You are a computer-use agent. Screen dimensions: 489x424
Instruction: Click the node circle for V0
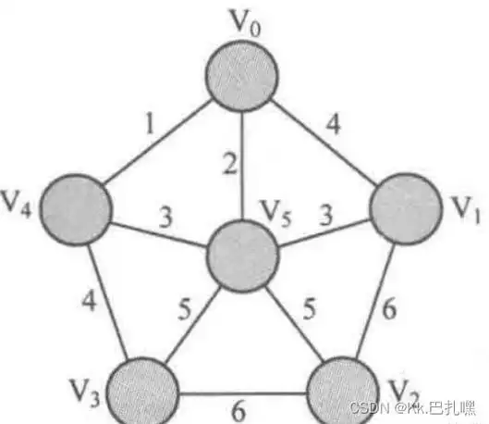pos(242,76)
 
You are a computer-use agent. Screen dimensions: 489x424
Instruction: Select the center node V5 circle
pos(242,256)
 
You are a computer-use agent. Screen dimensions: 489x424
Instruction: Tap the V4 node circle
pos(76,209)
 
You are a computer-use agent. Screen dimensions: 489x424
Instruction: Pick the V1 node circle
pos(406,208)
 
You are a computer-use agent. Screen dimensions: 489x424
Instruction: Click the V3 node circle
pos(142,391)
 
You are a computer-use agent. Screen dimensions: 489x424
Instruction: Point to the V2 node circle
pos(342,391)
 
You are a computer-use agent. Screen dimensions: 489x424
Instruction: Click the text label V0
pos(244,23)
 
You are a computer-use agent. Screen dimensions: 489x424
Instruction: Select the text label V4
pos(17,204)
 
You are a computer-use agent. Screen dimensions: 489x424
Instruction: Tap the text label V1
pos(466,210)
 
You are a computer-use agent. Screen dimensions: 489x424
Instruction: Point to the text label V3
pos(85,393)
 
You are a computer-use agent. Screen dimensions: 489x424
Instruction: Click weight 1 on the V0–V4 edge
pos(151,124)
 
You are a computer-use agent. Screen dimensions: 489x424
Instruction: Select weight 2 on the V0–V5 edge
pos(230,164)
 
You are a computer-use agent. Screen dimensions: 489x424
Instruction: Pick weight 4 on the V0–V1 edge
pos(334,125)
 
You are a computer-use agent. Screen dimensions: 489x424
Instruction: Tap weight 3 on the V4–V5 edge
pos(165,217)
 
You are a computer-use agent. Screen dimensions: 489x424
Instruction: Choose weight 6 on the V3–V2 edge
pos(238,411)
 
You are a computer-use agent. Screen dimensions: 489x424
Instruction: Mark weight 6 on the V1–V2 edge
pos(389,309)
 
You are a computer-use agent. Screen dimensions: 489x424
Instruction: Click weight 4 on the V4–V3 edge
pos(89,301)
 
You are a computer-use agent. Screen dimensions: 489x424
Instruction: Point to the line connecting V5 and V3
pos(192,326)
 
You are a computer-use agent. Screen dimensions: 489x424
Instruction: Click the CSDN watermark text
pos(370,407)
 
